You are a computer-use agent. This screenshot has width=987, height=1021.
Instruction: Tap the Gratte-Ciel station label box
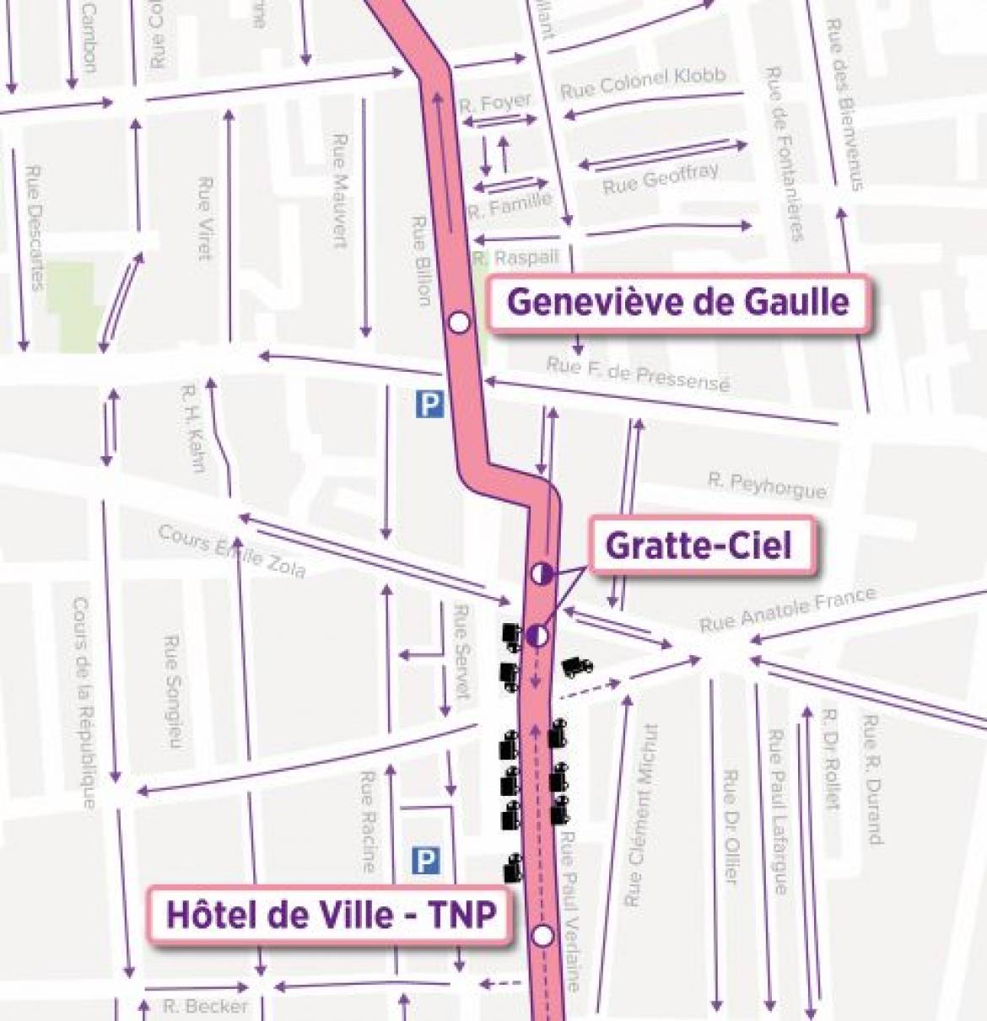699,546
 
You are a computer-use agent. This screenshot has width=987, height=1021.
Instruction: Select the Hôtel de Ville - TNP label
330,915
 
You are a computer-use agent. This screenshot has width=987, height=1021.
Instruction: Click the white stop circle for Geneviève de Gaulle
459,322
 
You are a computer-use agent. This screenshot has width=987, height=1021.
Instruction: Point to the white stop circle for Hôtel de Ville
543,935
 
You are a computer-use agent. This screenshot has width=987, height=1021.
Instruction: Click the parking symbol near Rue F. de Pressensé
429,406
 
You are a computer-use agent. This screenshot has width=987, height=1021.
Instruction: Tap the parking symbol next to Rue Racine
425,861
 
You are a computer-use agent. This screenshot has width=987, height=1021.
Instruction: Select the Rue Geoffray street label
661,178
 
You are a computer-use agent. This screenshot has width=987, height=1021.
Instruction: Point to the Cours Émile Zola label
231,552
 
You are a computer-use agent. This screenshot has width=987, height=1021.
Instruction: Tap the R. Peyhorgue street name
766,485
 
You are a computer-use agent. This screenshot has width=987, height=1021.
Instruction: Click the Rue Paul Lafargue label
777,812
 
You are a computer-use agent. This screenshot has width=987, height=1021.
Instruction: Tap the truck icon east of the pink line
576,667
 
